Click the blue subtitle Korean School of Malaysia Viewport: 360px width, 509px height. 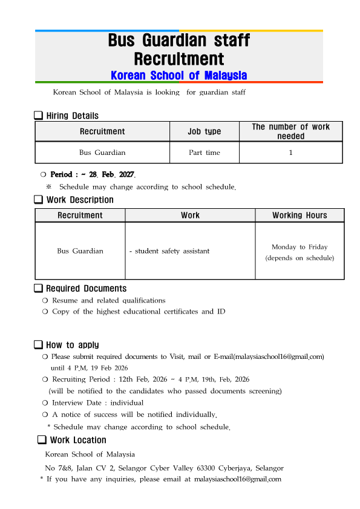click(x=179, y=75)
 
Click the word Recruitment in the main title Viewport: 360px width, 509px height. click(x=179, y=59)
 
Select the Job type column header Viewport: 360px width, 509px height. click(x=205, y=131)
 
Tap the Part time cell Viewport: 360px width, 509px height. click(x=205, y=153)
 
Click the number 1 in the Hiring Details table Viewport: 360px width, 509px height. click(x=290, y=153)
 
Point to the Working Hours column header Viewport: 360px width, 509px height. click(x=299, y=215)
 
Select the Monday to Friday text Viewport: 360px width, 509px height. click(x=299, y=247)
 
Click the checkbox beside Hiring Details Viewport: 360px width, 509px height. click(x=38, y=116)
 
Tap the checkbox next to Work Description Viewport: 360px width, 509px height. click(x=38, y=200)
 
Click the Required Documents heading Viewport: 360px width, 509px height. click(x=87, y=289)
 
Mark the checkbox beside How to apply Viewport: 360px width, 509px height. click(x=38, y=345)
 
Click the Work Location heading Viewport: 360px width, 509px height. click(x=78, y=440)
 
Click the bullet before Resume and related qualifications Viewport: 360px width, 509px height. click(x=45, y=301)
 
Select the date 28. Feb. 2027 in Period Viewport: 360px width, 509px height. click(x=112, y=174)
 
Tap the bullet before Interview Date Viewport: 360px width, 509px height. click(x=45, y=403)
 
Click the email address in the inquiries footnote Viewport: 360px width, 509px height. click(x=237, y=479)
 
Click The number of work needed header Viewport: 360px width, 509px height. click(x=290, y=131)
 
